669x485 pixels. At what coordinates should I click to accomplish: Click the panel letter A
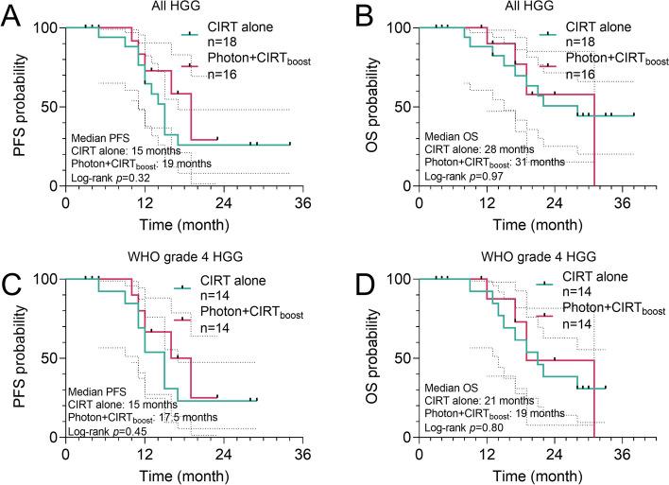coord(12,18)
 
